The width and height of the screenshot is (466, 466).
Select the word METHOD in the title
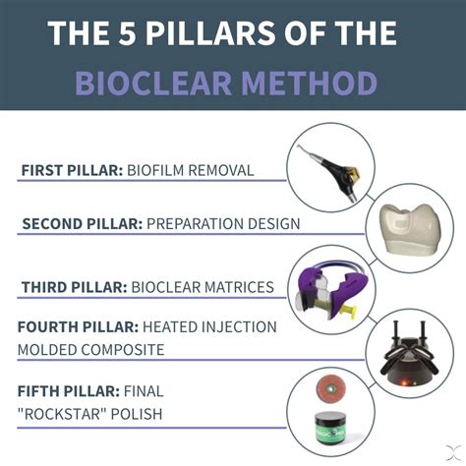(318, 82)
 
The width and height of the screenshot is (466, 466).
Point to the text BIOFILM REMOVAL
(190, 170)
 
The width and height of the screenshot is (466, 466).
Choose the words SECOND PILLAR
(82, 223)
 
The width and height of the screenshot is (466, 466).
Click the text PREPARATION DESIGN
(223, 223)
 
